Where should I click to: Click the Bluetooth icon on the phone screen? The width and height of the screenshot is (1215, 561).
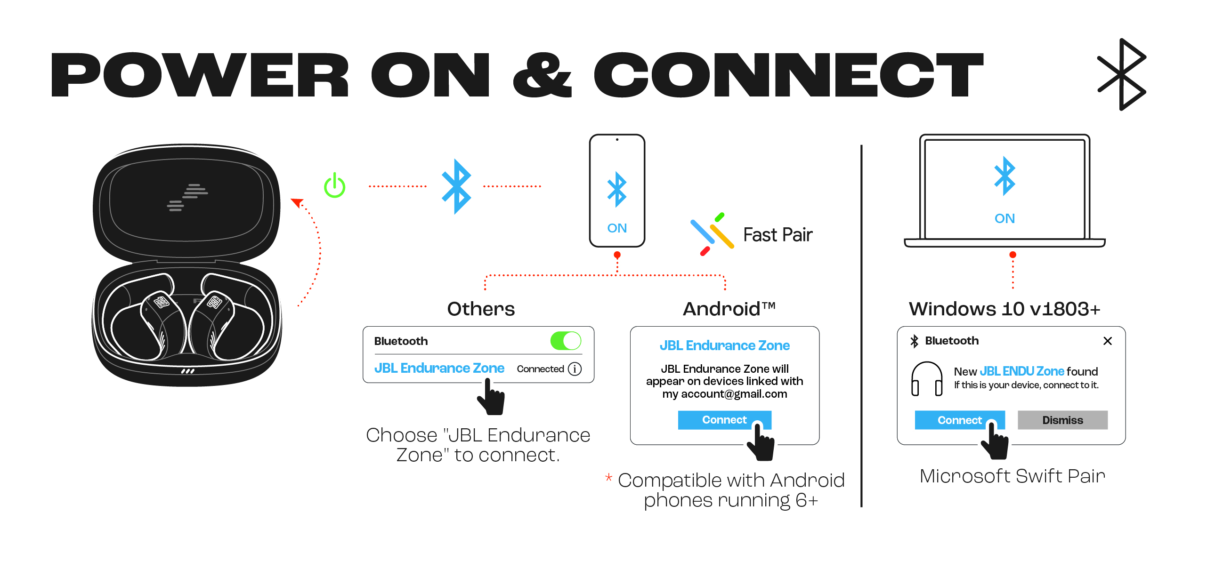(616, 190)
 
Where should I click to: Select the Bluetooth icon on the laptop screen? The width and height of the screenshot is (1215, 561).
(1004, 176)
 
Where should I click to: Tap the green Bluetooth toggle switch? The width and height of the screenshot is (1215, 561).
(565, 340)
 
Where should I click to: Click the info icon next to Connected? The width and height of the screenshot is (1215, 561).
(575, 369)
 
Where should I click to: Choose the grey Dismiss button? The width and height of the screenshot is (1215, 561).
(1062, 419)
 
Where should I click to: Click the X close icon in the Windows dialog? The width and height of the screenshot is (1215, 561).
(1108, 340)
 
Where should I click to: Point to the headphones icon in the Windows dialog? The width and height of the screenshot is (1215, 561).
(926, 378)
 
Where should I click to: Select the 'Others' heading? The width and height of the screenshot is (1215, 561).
(481, 309)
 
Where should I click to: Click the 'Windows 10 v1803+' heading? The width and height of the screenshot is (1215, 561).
(1004, 309)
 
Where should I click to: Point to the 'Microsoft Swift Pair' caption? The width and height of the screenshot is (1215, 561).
(1012, 476)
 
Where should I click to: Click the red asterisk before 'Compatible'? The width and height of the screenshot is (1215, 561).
(608, 478)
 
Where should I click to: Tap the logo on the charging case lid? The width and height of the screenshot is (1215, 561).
(187, 197)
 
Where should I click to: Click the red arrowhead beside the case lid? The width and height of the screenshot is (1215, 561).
(297, 203)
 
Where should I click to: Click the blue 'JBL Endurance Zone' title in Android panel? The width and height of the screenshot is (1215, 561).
(724, 345)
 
